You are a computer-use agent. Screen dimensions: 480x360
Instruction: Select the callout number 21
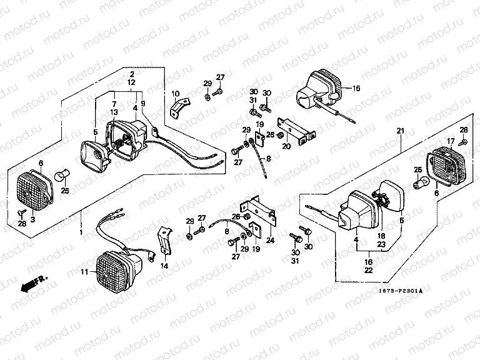[401, 131]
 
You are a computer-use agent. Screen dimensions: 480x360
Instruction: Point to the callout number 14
[164, 266]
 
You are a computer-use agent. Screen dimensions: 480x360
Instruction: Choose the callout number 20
[286, 146]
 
